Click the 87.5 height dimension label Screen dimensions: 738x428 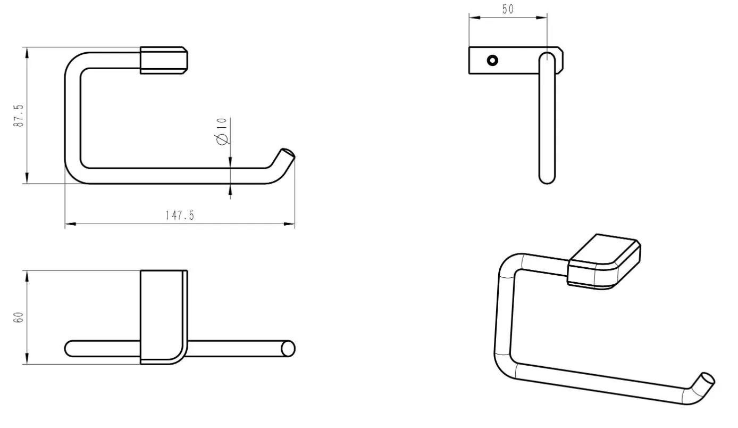tap(19, 116)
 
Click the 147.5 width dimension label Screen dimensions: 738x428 tap(180, 216)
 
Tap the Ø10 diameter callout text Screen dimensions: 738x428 tap(222, 131)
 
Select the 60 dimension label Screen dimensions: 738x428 tap(19, 317)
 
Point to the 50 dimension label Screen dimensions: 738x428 tap(508, 9)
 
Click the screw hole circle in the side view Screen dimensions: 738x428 tap(492, 60)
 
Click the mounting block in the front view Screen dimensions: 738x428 tap(164, 60)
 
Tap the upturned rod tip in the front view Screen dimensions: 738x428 tap(287, 153)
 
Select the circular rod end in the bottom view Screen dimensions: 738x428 tap(288, 349)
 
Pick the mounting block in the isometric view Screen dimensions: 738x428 tap(604, 262)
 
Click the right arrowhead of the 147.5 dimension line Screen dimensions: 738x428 tap(289, 224)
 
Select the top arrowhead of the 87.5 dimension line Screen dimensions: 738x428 tap(27, 53)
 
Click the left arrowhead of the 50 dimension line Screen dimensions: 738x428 tap(474, 18)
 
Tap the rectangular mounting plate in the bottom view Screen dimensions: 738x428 tap(164, 317)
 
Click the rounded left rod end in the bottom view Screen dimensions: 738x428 tap(70, 349)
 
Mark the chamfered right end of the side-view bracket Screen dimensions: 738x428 tap(560, 60)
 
